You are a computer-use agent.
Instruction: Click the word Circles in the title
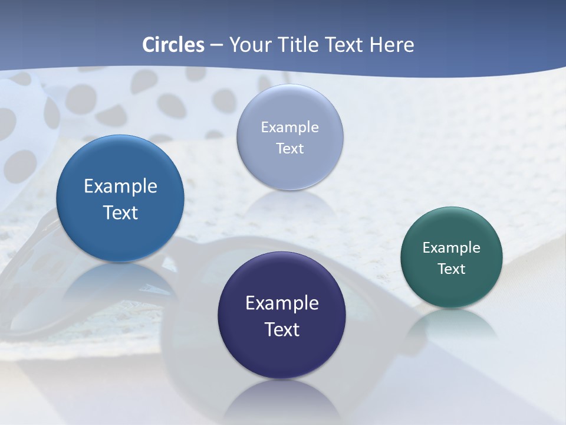(173, 45)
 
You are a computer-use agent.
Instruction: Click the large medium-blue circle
(120, 236)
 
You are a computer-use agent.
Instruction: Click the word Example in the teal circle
(452, 247)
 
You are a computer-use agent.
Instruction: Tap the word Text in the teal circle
(452, 269)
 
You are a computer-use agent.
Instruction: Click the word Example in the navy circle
(282, 303)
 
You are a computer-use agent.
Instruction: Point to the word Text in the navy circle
(282, 329)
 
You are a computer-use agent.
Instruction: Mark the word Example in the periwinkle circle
(289, 127)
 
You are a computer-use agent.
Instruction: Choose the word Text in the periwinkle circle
(289, 148)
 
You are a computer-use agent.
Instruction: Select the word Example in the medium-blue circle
(120, 186)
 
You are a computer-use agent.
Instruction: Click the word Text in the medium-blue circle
(120, 212)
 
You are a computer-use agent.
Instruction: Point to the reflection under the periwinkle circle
(289, 204)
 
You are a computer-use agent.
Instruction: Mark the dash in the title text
(216, 45)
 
